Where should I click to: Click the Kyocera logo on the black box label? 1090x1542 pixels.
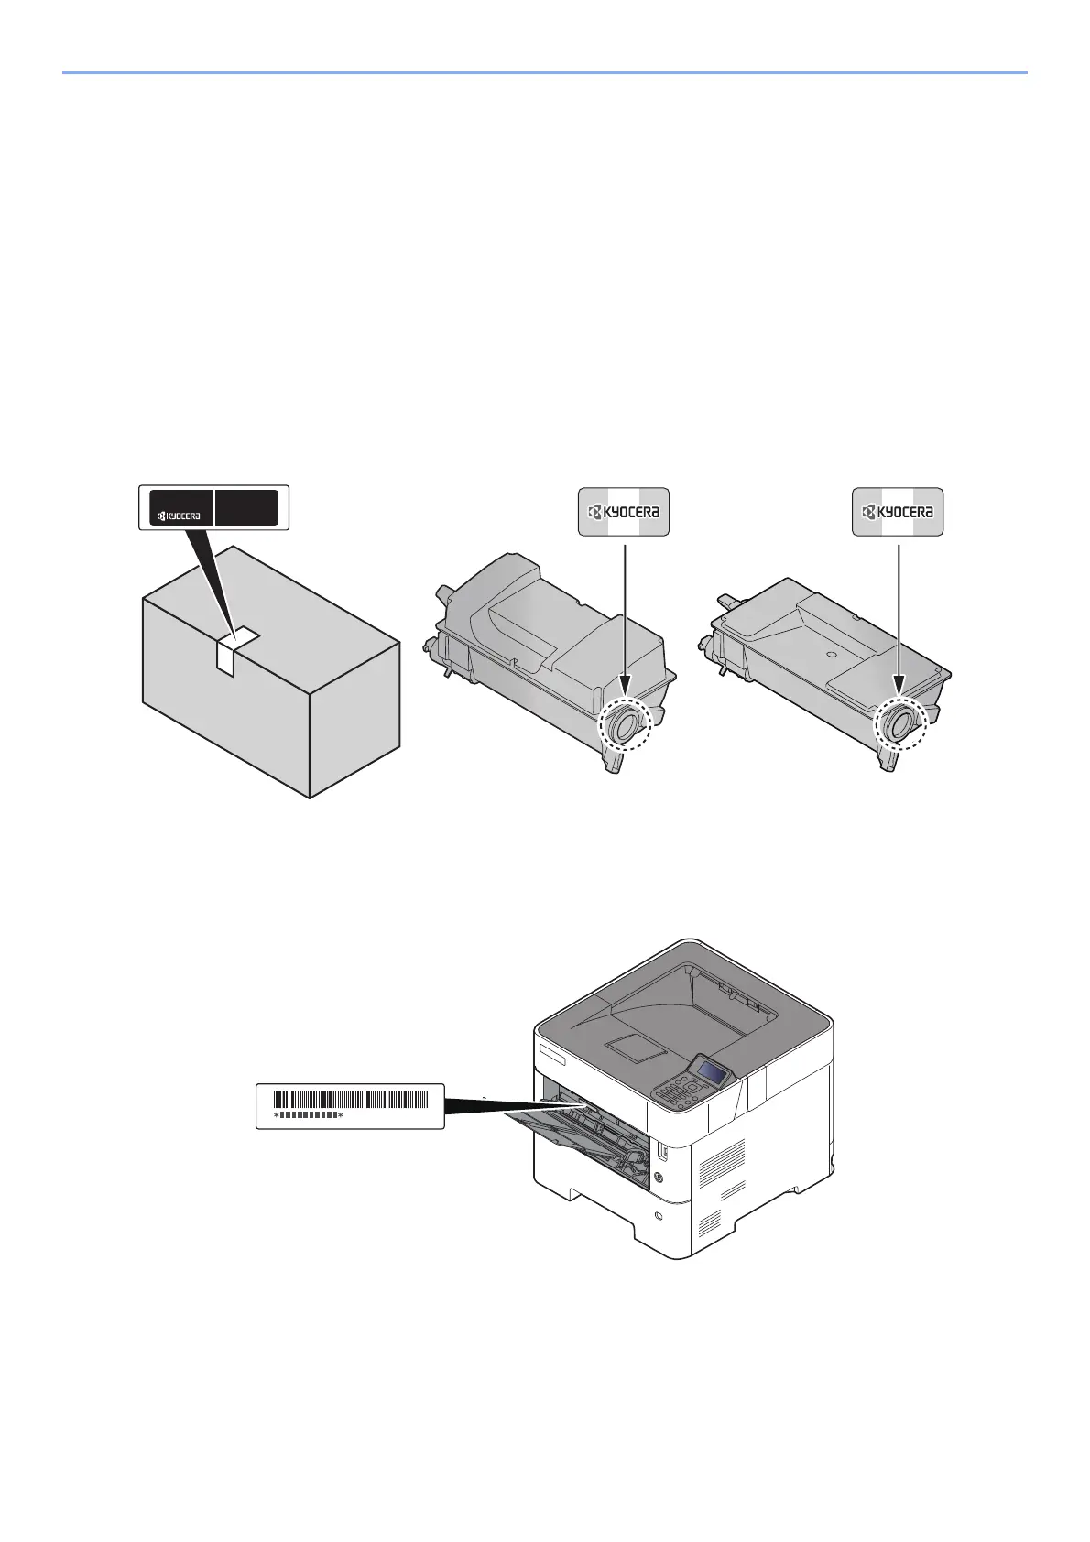(178, 516)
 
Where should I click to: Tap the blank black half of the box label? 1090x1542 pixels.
(246, 507)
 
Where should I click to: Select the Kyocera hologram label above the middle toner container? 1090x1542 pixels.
(624, 512)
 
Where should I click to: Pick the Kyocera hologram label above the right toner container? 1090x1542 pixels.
(898, 512)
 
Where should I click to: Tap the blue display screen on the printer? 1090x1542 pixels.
(714, 1070)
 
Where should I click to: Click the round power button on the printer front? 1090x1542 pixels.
(658, 1177)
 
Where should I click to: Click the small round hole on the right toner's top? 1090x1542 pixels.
(830, 656)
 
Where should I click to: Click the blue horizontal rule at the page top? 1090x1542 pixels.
(544, 72)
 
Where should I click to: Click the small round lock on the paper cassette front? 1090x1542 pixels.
(659, 1215)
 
